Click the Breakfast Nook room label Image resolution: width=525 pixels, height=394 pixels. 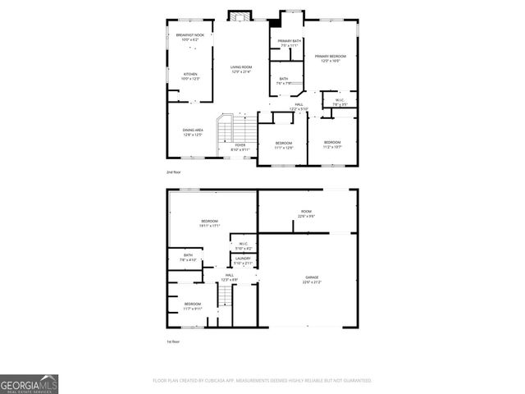[190, 37]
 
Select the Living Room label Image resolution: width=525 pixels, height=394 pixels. [240, 69]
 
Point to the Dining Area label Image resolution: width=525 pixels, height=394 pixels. [193, 132]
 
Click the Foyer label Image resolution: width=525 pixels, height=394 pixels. [240, 148]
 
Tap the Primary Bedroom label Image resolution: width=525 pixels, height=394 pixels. [331, 58]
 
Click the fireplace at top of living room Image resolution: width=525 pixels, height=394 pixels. [239, 17]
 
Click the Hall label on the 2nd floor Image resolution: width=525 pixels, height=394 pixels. [299, 107]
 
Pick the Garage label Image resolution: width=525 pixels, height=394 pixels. [312, 280]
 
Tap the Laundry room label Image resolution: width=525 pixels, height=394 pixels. [243, 261]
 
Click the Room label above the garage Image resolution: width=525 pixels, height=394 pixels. [305, 214]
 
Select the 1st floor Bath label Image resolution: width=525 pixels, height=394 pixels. [188, 257]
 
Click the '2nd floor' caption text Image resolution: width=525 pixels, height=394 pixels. [174, 172]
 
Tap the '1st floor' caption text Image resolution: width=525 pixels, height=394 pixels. [174, 341]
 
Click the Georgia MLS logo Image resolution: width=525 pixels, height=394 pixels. [29, 384]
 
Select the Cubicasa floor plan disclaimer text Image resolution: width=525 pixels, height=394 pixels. [262, 381]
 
